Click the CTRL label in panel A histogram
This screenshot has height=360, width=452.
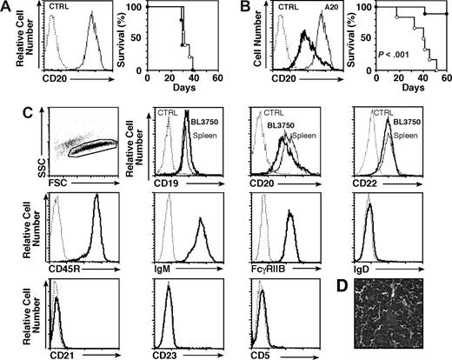tap(59, 15)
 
